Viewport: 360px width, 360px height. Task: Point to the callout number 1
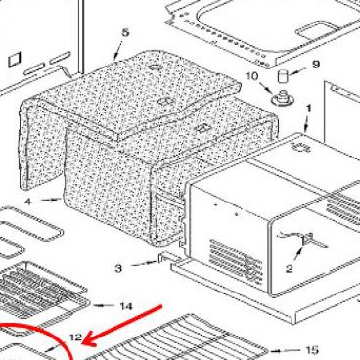click(x=309, y=109)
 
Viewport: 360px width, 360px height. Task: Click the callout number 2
click(x=289, y=266)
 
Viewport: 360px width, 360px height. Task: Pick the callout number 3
click(x=117, y=267)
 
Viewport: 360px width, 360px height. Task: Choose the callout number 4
click(x=29, y=202)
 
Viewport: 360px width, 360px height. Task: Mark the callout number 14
click(x=125, y=307)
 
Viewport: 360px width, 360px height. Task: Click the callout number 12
click(x=75, y=337)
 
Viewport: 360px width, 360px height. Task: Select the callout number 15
click(x=311, y=350)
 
